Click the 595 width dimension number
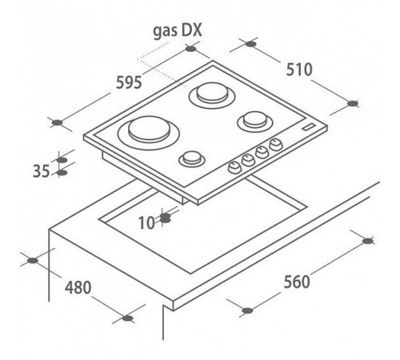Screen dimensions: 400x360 tap(129, 82)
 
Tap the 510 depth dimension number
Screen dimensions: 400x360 tap(299, 70)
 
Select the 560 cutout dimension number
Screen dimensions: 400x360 tap(297, 282)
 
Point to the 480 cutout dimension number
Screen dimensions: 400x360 tap(78, 287)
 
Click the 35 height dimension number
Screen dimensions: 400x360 tap(41, 171)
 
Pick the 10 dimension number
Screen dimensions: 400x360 tap(146, 223)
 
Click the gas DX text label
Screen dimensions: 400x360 tap(178, 31)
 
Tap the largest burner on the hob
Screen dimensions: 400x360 tap(149, 130)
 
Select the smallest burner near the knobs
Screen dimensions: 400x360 tap(192, 158)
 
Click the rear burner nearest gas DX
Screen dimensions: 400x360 tap(212, 94)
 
